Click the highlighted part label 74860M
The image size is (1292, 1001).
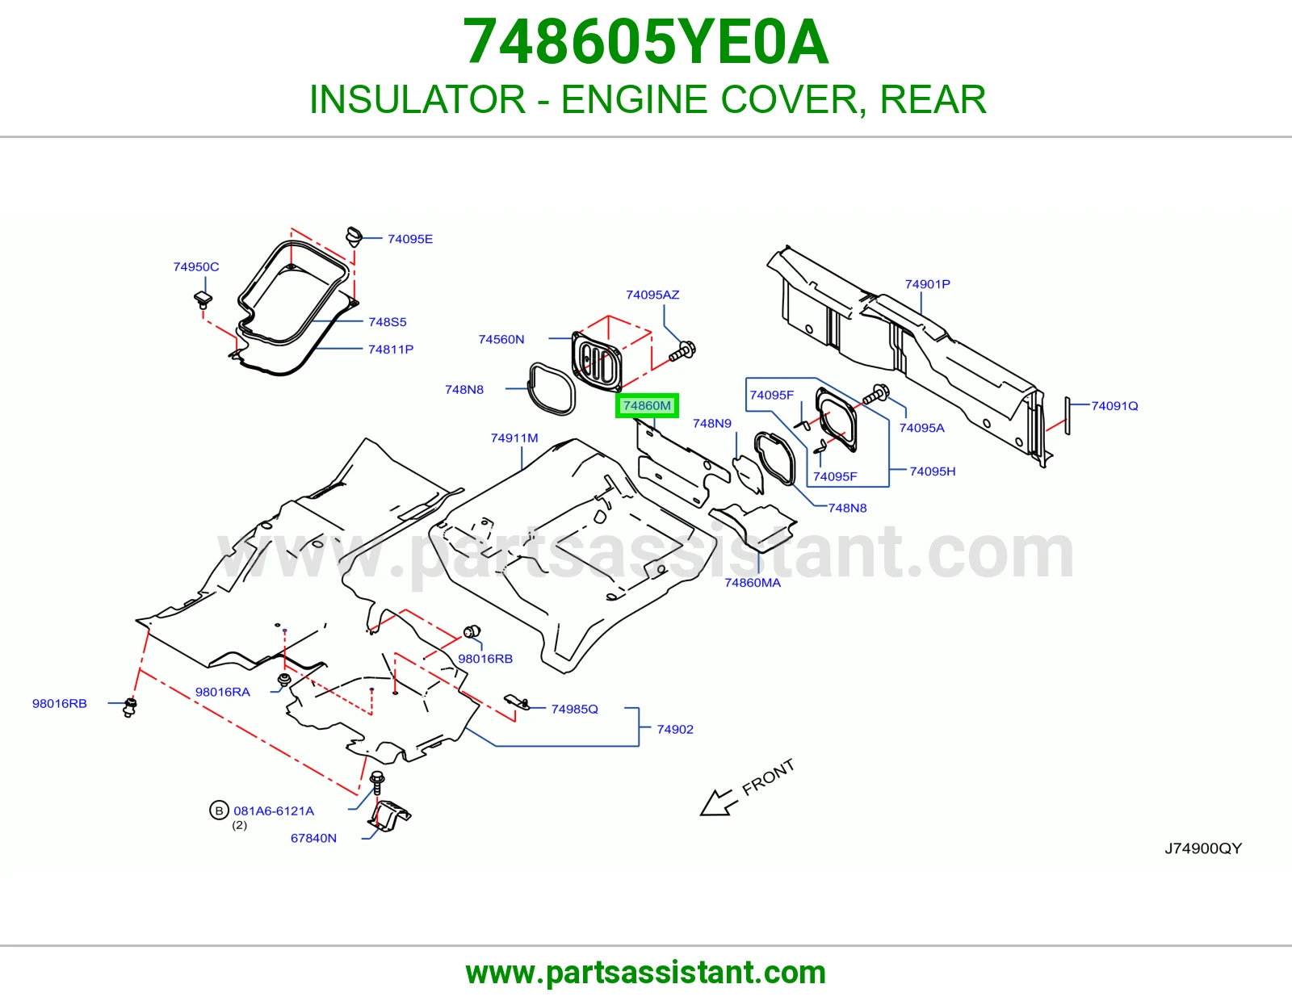click(647, 405)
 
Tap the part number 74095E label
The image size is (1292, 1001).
click(410, 239)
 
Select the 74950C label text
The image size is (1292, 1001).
click(196, 267)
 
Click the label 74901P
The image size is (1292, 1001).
click(928, 284)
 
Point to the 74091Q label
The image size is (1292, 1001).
click(1115, 406)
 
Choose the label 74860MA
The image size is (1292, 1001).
click(753, 583)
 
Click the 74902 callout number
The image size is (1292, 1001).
click(675, 729)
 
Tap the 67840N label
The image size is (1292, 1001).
click(313, 838)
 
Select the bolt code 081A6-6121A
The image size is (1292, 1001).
click(274, 810)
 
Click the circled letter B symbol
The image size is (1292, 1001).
click(219, 810)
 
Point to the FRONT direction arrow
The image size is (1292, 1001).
click(718, 803)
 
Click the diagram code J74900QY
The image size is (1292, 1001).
click(1203, 848)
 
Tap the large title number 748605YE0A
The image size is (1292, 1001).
click(646, 42)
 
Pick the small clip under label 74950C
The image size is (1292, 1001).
click(203, 299)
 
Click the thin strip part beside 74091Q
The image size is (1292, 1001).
click(1068, 416)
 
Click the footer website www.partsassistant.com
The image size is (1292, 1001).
click(646, 973)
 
